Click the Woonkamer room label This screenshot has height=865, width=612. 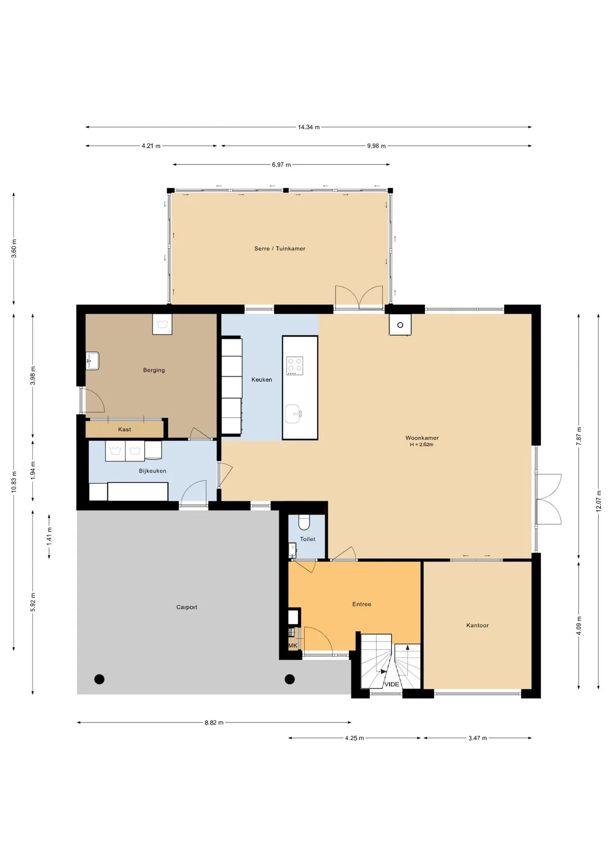click(422, 438)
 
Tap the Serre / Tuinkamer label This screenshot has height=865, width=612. click(280, 249)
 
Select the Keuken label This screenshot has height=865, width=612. click(262, 380)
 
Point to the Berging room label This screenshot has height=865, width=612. click(154, 370)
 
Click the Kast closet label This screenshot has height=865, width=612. click(125, 429)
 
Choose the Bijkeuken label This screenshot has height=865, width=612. click(153, 471)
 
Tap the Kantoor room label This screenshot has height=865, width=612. click(478, 625)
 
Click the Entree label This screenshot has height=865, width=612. click(362, 604)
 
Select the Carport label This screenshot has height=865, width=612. click(187, 607)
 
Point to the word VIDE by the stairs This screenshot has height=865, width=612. click(392, 684)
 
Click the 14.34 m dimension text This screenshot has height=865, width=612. click(309, 127)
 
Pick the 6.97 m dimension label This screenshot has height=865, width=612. click(281, 165)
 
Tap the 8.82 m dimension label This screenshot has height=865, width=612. click(214, 723)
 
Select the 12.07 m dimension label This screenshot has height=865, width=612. click(598, 501)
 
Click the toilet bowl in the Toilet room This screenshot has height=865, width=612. click(305, 522)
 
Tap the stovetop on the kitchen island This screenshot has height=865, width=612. click(295, 366)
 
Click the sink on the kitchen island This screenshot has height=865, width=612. click(293, 414)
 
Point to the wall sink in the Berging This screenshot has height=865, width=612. click(93, 361)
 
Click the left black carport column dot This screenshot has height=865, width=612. click(100, 679)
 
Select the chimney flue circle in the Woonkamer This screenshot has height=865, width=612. click(400, 325)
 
